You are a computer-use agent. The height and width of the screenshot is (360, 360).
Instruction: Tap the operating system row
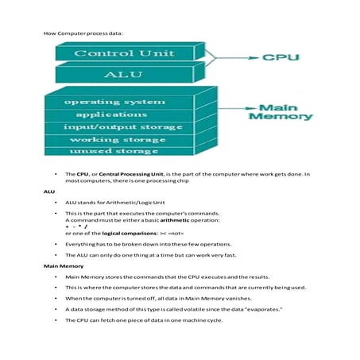point(115,103)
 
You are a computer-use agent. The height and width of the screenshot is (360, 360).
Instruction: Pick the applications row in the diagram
point(115,114)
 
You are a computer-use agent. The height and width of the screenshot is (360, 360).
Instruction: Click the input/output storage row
point(115,126)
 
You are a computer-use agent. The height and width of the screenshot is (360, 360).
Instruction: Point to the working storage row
point(115,138)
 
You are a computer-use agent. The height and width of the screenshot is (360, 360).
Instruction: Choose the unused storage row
point(115,150)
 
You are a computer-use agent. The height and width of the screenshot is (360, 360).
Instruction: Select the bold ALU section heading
point(48,192)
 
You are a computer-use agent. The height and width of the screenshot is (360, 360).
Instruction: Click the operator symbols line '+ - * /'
point(76,227)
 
